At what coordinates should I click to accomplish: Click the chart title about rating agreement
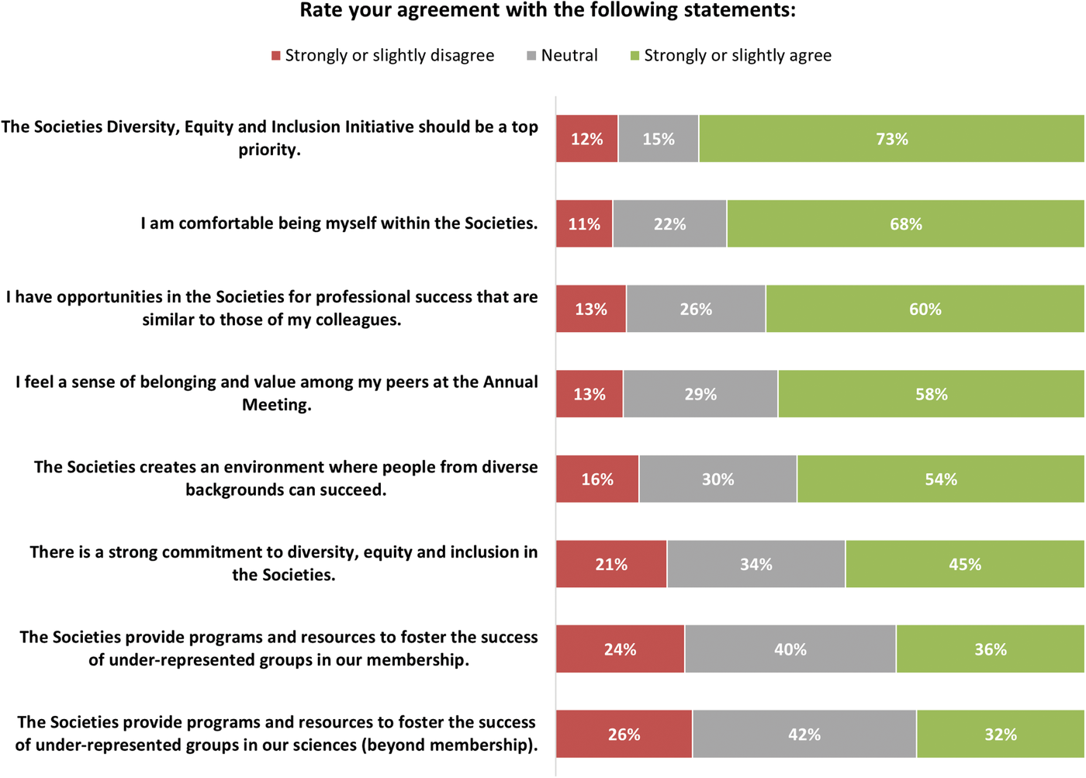tap(548, 11)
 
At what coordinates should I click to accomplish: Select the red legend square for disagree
tap(275, 56)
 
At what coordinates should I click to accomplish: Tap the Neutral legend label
tap(569, 56)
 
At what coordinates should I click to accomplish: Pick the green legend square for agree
tap(635, 56)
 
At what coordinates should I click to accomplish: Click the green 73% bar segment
tap(891, 139)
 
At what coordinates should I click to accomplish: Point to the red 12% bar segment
tap(586, 139)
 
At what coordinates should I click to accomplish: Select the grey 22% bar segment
tap(669, 224)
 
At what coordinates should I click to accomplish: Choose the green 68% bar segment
tap(905, 224)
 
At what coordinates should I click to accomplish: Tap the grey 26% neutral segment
tap(696, 309)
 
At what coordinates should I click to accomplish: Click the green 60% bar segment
tap(925, 309)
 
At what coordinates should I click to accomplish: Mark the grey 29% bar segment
tap(700, 394)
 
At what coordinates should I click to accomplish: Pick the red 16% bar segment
tap(597, 479)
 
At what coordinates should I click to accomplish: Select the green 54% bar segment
tap(940, 479)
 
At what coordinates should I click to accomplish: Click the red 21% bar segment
tap(611, 564)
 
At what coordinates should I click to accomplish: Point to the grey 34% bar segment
tap(756, 564)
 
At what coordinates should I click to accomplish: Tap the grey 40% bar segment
tap(790, 649)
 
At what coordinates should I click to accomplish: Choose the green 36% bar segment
tap(990, 649)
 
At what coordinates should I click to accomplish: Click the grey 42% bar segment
tap(804, 734)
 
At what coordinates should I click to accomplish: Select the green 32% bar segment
tap(1000, 734)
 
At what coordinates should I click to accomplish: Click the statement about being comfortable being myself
tap(339, 223)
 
